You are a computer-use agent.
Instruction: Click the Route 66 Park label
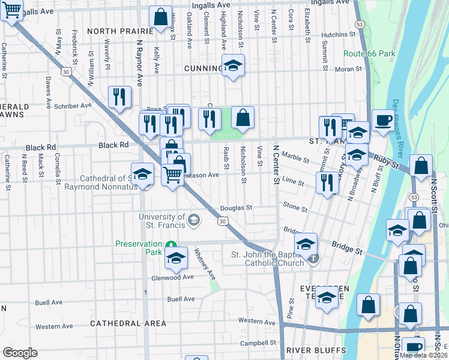(x=369, y=53)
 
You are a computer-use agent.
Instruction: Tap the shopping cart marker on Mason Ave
(x=173, y=176)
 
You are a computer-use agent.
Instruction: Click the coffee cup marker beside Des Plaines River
(x=383, y=121)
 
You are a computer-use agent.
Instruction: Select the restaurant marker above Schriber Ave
(x=120, y=97)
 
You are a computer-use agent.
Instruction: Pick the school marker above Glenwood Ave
(x=176, y=259)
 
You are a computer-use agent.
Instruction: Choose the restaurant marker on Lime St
(x=328, y=181)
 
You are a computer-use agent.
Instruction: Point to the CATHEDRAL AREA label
(x=128, y=323)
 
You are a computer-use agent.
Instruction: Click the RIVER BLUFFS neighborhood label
(x=316, y=350)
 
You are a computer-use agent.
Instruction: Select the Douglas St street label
(x=235, y=208)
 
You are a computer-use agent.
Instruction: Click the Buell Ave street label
(x=181, y=299)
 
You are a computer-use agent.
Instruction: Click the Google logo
(x=20, y=353)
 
